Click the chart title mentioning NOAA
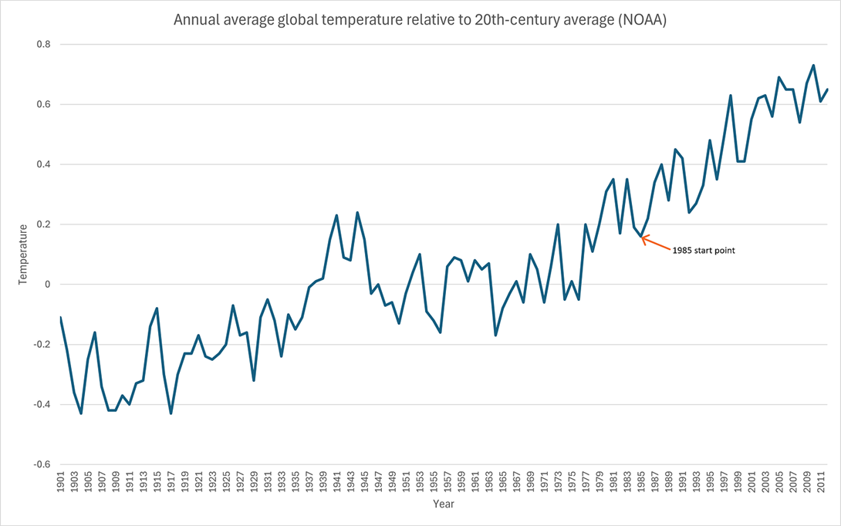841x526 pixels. pos(420,20)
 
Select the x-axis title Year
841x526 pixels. pos(443,504)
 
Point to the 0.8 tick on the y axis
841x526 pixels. pos(44,45)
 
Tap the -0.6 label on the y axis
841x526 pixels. pos(42,465)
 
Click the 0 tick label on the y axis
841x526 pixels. pos(47,285)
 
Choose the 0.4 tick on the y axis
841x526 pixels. pos(44,164)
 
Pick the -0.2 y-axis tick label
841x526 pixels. pos(42,345)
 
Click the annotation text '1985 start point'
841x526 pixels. pos(703,251)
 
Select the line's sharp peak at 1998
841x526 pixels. pos(731,96)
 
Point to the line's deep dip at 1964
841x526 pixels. pos(496,335)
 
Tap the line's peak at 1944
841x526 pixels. pos(357,212)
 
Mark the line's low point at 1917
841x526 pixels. pos(171,413)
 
